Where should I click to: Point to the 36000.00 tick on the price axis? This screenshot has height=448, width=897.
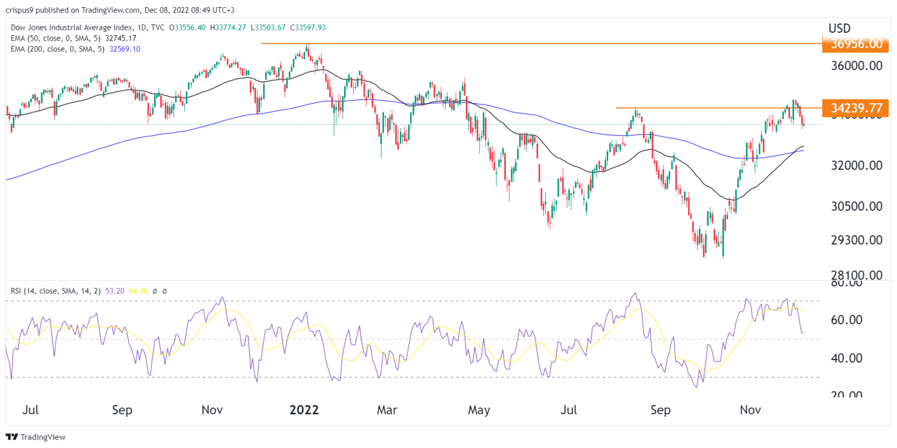point(856,67)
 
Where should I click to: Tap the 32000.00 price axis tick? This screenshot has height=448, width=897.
point(856,165)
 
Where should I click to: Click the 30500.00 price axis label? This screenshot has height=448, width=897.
point(856,207)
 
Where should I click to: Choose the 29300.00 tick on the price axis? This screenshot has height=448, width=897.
point(856,240)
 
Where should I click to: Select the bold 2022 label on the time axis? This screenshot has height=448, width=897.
point(304,410)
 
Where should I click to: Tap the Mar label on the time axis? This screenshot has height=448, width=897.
point(387,410)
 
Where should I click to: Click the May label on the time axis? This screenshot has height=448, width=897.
point(478,410)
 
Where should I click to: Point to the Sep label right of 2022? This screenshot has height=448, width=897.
point(660,410)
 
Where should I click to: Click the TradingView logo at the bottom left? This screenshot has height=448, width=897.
point(35,437)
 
